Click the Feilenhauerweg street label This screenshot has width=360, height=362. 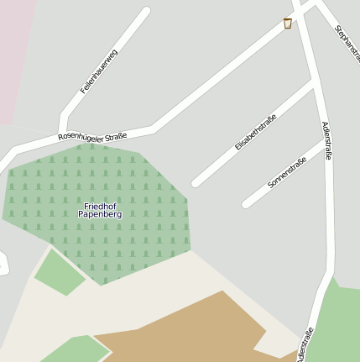(x=99, y=71)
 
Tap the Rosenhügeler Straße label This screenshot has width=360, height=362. (x=92, y=136)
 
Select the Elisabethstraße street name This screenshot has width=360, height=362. (x=255, y=132)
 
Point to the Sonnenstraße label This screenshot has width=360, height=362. (x=286, y=171)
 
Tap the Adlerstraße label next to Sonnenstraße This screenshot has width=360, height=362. (x=327, y=140)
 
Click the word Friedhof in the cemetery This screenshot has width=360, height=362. (x=100, y=206)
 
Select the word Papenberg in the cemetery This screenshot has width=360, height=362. (x=100, y=215)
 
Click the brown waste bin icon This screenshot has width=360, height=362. (x=288, y=24)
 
